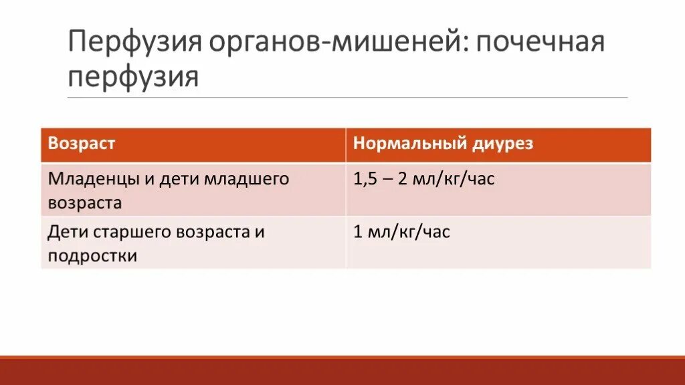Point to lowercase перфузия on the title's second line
[133, 77]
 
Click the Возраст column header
[82, 144]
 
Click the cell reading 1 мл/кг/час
[401, 232]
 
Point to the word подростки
[92, 256]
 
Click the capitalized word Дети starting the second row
[64, 232]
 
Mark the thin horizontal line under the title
[348, 98]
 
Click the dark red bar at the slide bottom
[342, 372]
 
